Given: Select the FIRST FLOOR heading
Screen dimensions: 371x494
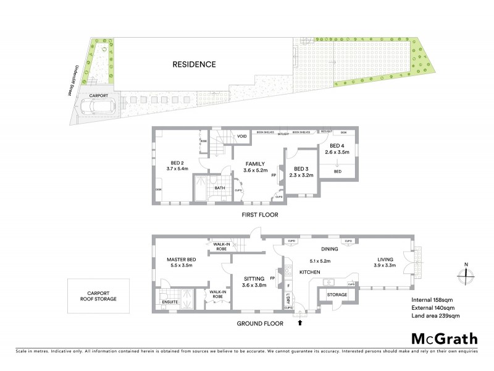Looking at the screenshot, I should [259, 215].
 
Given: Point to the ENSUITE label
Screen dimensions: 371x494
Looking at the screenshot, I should [170, 302].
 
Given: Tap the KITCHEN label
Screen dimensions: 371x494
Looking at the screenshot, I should [309, 272].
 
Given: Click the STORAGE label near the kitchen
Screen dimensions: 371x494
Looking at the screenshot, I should [337, 295].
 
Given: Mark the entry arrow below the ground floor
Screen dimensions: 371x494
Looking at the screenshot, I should [301, 322].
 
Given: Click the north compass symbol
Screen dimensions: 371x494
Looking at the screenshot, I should [466, 273].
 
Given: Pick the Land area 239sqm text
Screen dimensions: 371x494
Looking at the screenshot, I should [435, 316].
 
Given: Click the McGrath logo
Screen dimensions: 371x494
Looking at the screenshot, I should [444, 338].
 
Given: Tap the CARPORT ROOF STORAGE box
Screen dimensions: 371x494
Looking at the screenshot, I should [99, 294].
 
